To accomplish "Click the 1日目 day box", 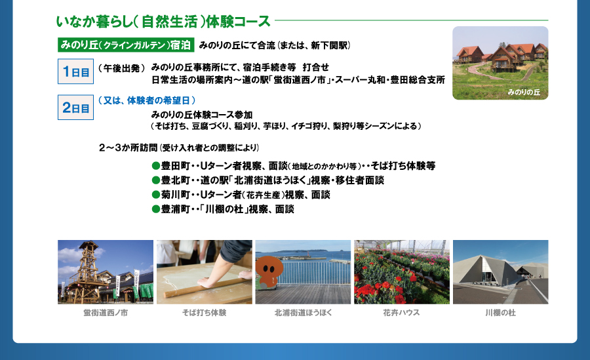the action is (x=75, y=71).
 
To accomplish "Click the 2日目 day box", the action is (x=75, y=108).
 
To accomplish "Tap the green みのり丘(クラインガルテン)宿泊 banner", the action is (x=126, y=45).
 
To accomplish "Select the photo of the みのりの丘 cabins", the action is (x=500, y=63).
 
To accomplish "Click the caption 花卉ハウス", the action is (x=401, y=313).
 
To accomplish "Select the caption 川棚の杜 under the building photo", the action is (x=500, y=313).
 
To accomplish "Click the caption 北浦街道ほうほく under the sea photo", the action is (x=304, y=313).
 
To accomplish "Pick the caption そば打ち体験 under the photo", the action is (x=205, y=313).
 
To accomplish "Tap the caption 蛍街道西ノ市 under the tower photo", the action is (x=106, y=313).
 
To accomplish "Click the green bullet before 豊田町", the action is (x=156, y=166).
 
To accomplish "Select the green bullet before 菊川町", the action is (x=156, y=195).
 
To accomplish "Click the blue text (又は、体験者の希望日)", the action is (x=147, y=100).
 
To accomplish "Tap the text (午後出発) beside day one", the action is (x=121, y=68).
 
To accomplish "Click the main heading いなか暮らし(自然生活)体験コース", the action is (x=163, y=22).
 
